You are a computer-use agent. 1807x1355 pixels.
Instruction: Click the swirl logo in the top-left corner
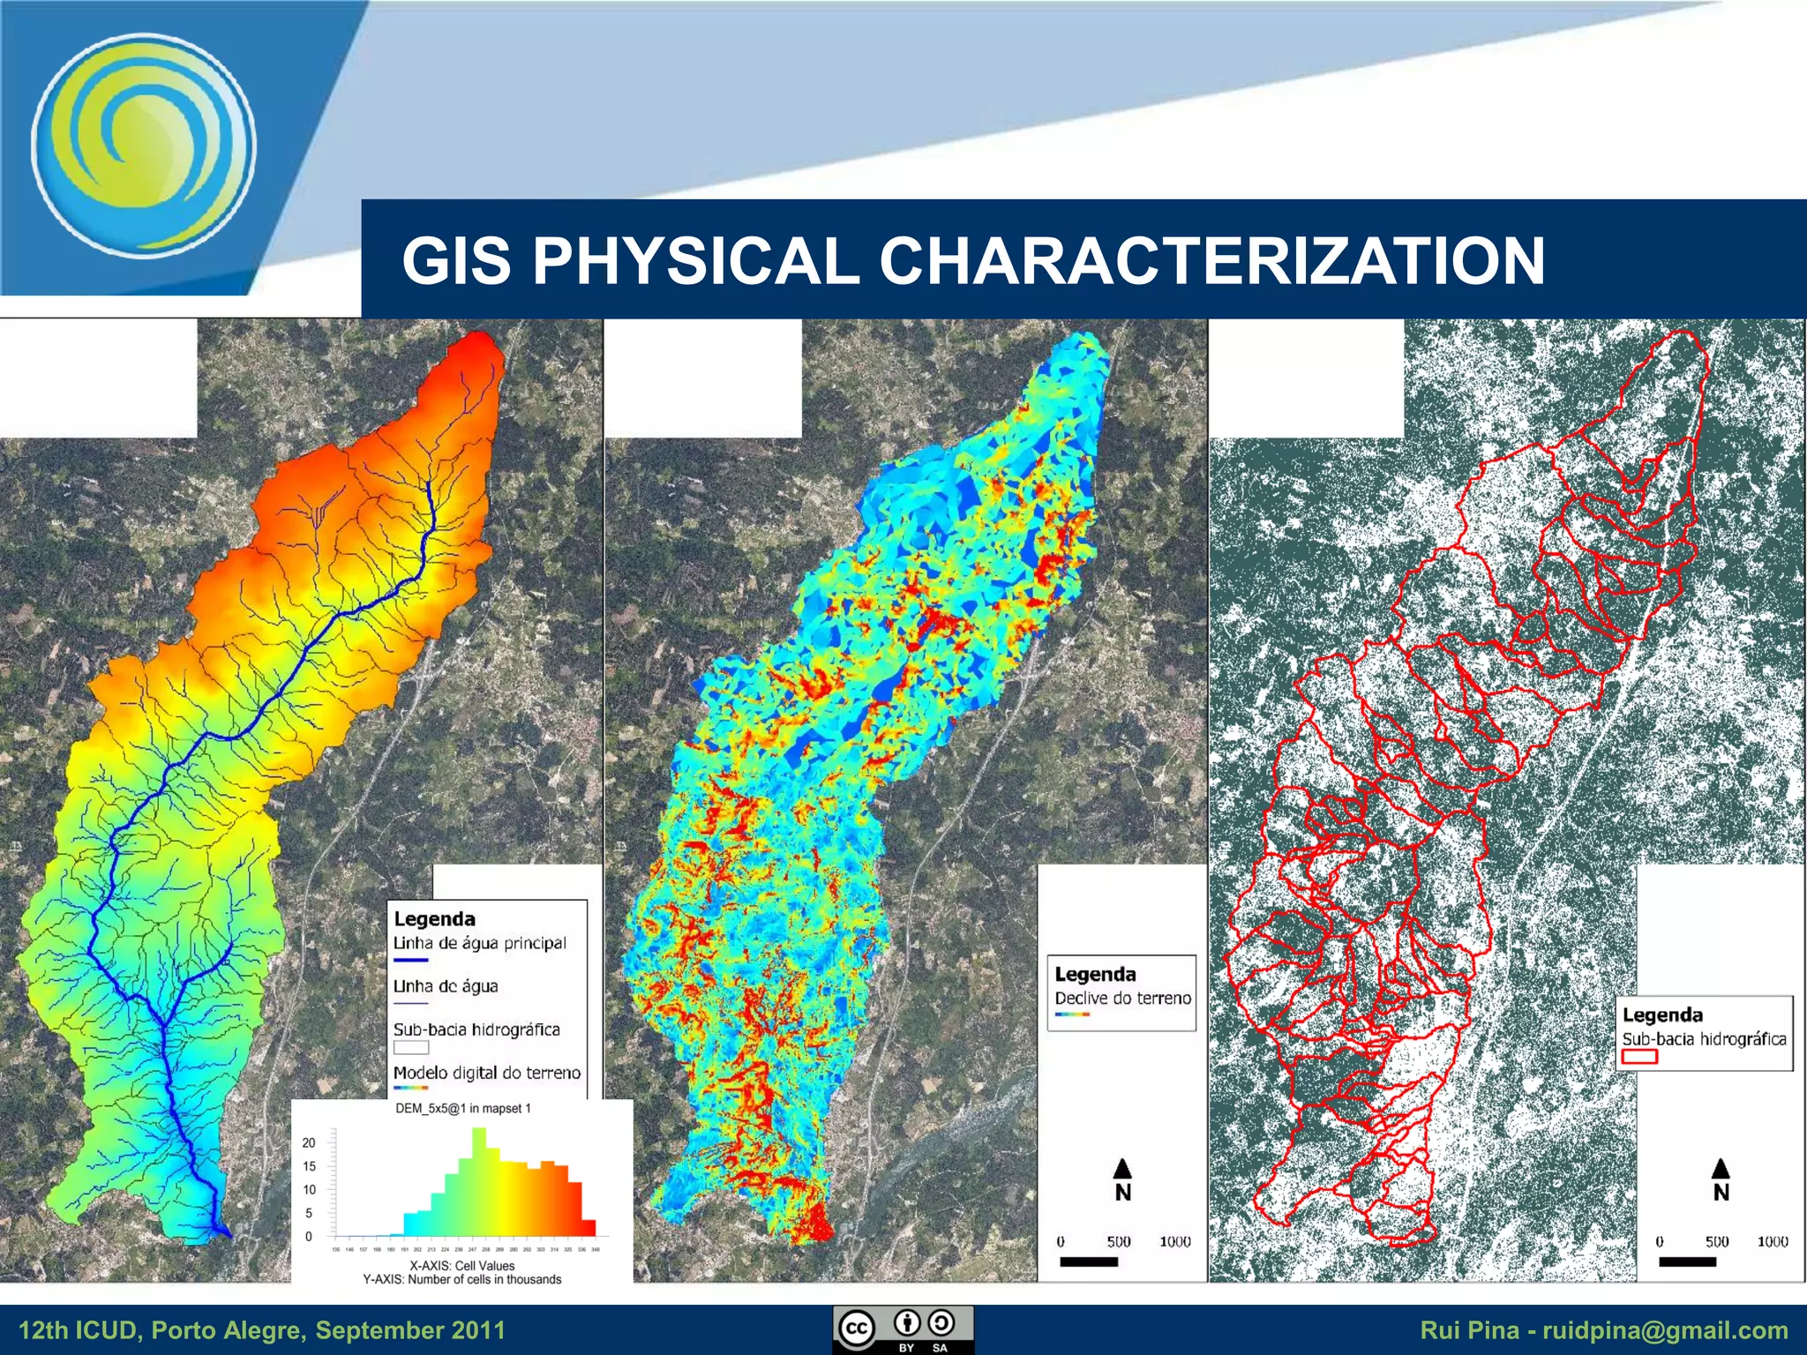(x=144, y=146)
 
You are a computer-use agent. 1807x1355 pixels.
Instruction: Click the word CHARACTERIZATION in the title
(x=1211, y=261)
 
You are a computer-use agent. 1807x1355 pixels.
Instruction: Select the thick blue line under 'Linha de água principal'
(x=410, y=960)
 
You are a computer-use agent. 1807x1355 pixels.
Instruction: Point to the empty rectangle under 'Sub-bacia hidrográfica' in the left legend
(x=411, y=1047)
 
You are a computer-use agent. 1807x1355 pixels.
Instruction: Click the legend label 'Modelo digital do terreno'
(x=487, y=1073)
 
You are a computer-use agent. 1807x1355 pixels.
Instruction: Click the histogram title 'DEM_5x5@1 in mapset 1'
(x=462, y=1109)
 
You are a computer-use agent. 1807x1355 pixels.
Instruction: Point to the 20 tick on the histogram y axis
(x=309, y=1142)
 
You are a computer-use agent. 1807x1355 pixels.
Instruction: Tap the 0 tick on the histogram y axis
(x=309, y=1237)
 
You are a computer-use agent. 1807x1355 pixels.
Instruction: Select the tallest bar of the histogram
(x=479, y=1182)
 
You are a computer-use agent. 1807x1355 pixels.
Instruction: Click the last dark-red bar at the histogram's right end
(x=589, y=1227)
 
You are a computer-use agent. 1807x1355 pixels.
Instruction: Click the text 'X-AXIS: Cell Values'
(x=461, y=1265)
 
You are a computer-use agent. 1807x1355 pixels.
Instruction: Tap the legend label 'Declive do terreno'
(x=1122, y=998)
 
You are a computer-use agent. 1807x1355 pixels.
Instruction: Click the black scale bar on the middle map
(x=1089, y=1261)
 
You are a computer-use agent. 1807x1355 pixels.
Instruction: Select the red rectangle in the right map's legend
(x=1639, y=1056)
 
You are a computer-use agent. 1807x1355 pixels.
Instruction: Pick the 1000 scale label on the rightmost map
(x=1772, y=1241)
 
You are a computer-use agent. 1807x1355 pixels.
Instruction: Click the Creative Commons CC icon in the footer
(x=857, y=1328)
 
